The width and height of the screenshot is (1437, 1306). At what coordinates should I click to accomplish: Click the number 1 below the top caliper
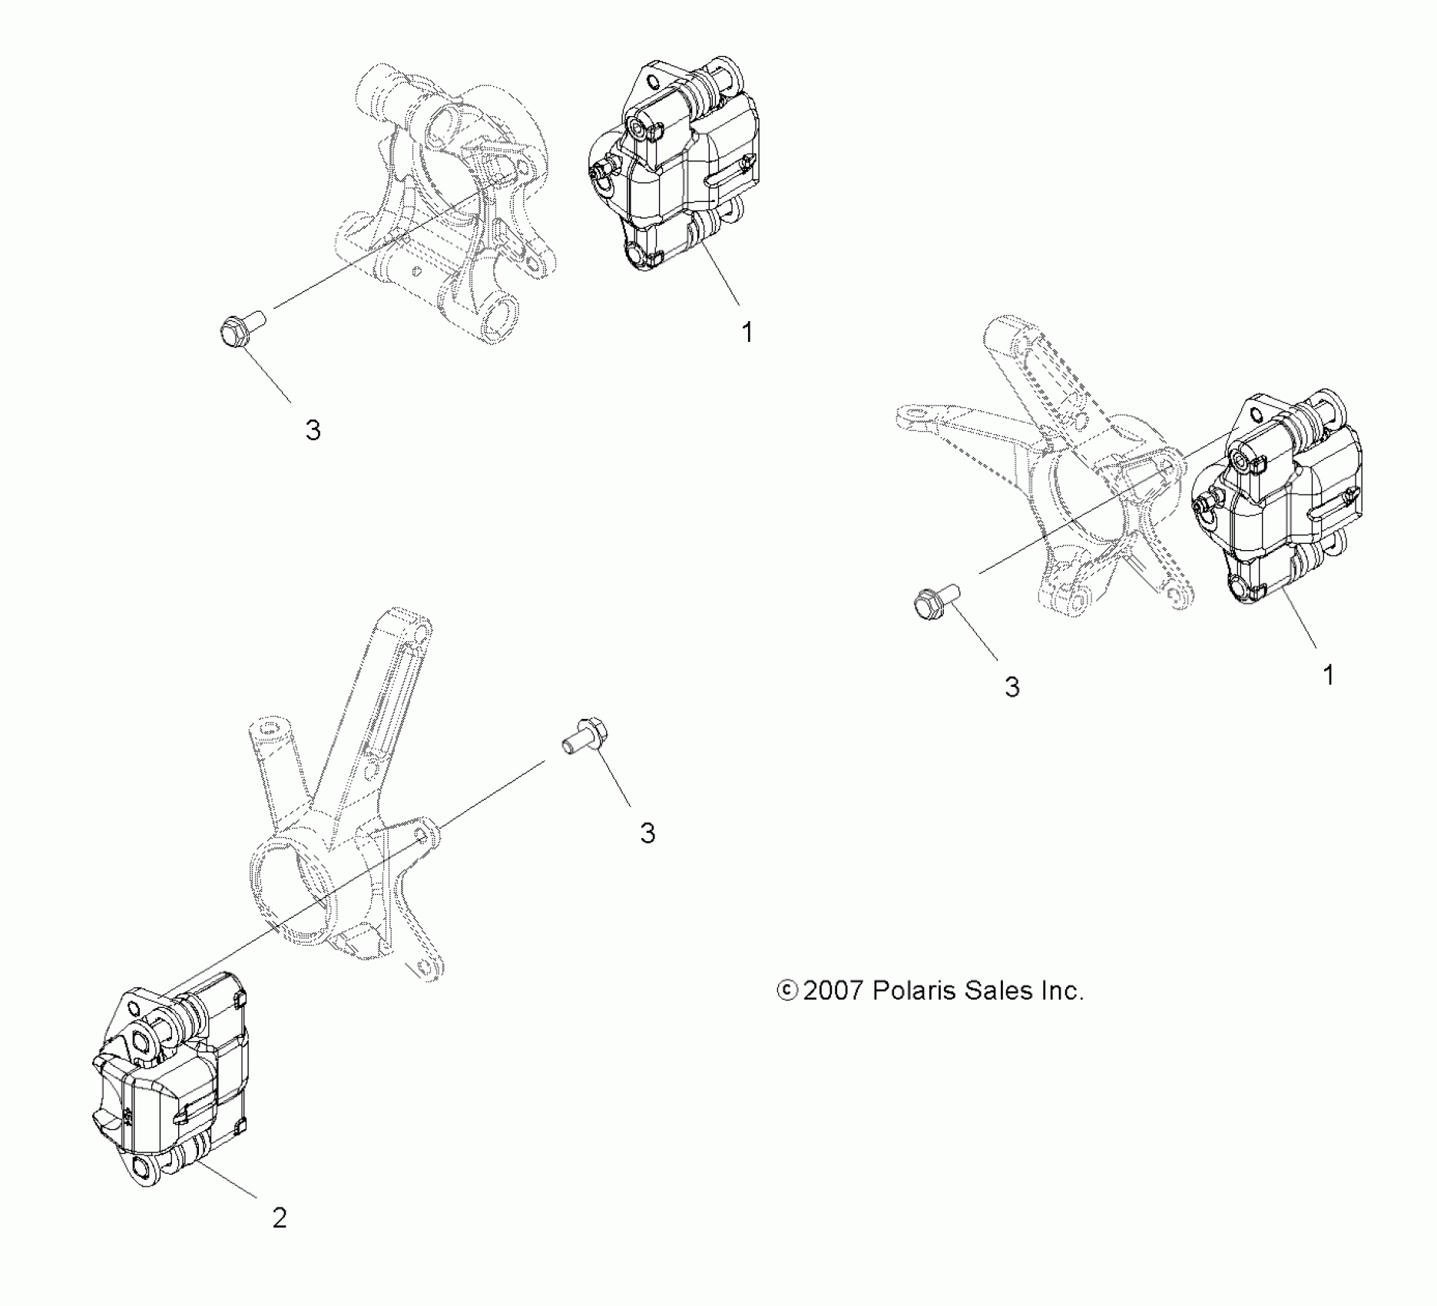click(747, 333)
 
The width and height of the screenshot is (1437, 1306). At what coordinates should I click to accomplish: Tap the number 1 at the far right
click(1328, 675)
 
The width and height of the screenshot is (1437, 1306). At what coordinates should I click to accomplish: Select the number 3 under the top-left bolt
click(313, 430)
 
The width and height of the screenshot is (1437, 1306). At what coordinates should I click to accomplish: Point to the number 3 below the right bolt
click(1012, 687)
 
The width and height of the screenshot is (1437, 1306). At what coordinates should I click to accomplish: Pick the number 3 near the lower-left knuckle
click(647, 833)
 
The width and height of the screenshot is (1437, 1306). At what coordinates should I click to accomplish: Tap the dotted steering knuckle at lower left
click(346, 830)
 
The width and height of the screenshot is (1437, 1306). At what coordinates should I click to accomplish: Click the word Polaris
click(914, 991)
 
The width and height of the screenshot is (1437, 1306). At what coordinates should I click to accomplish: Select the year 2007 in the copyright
click(833, 991)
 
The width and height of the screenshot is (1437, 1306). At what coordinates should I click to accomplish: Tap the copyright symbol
click(786, 991)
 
